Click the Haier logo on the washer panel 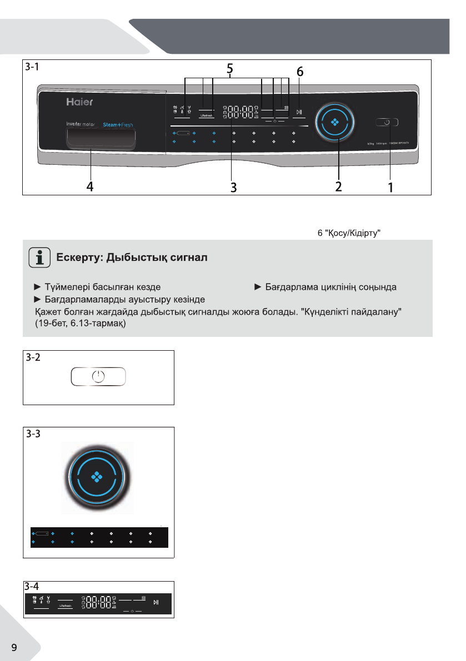click(x=80, y=103)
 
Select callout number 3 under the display click(x=234, y=188)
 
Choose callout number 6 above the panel click(x=299, y=72)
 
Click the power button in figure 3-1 click(x=385, y=122)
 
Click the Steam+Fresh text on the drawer click(x=117, y=125)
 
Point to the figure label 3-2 click(x=33, y=357)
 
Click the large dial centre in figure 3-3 click(x=97, y=476)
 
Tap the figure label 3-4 click(x=33, y=586)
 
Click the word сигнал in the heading click(x=187, y=259)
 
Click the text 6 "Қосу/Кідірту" click(x=348, y=234)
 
